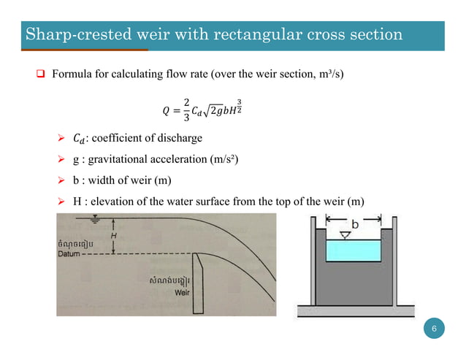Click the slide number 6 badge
coord(435,330)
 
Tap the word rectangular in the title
coord(278,34)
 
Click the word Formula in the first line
coord(72,74)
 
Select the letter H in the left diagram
coord(114,236)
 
